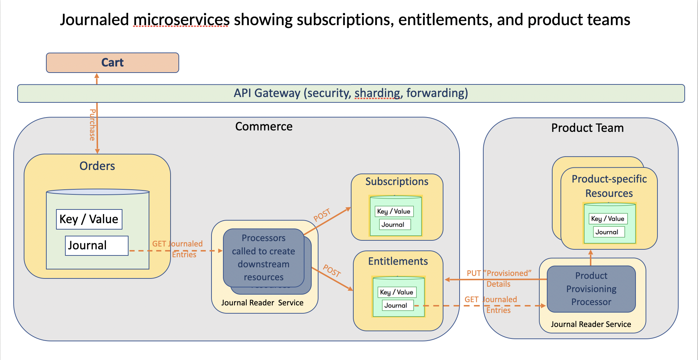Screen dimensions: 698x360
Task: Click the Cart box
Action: click(x=112, y=63)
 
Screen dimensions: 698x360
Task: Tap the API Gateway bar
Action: click(x=351, y=93)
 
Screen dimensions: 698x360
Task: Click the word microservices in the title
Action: click(x=181, y=20)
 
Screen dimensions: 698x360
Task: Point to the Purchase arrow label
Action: click(x=92, y=125)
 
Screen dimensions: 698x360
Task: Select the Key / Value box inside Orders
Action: click(x=89, y=219)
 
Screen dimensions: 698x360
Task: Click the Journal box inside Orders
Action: click(x=97, y=246)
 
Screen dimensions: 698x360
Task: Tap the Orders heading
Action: click(x=97, y=166)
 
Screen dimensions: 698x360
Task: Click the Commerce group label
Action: click(x=264, y=126)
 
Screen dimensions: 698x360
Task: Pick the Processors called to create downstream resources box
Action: click(x=264, y=258)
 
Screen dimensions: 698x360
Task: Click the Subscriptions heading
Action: click(x=397, y=181)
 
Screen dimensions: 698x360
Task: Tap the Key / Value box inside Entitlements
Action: click(x=397, y=292)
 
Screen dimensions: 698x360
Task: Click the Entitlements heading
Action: click(x=398, y=261)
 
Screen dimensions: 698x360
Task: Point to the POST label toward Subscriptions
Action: click(x=322, y=215)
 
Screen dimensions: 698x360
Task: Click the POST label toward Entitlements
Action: click(x=332, y=271)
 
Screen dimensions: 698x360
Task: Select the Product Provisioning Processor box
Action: click(x=591, y=289)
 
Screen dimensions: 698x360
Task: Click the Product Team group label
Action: click(x=587, y=128)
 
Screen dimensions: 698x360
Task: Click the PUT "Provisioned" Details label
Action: click(x=499, y=278)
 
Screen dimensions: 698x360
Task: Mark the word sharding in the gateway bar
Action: click(x=377, y=93)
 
